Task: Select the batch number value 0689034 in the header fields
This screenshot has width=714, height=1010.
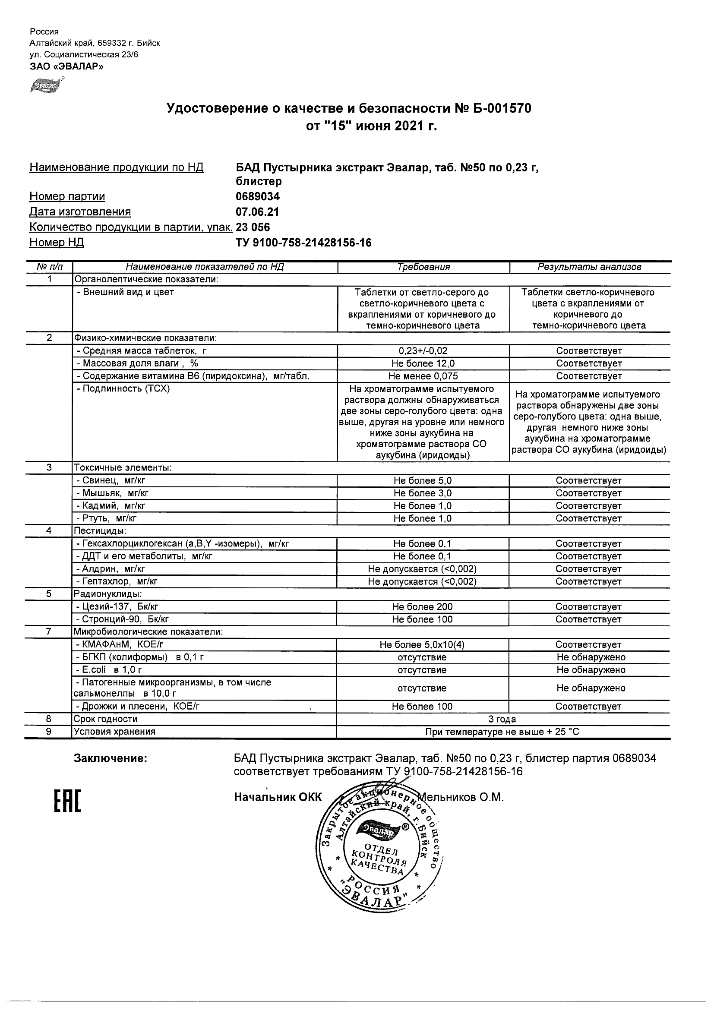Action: [x=257, y=196]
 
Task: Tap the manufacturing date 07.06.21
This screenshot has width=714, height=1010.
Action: [x=257, y=212]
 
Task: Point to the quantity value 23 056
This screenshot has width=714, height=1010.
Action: [x=253, y=227]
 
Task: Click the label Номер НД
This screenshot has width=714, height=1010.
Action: [x=56, y=243]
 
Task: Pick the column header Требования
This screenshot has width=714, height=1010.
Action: [x=423, y=267]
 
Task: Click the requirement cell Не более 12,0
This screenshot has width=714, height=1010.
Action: [x=423, y=363]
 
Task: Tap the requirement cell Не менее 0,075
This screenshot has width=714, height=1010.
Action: [x=423, y=376]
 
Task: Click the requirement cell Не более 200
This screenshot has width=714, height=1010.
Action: [x=422, y=607]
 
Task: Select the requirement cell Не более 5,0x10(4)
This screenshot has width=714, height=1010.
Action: [x=422, y=645]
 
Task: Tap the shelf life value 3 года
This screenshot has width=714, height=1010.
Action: [x=502, y=719]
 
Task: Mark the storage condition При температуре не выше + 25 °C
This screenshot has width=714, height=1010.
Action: [x=502, y=732]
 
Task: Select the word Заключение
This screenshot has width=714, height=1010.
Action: [x=111, y=759]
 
